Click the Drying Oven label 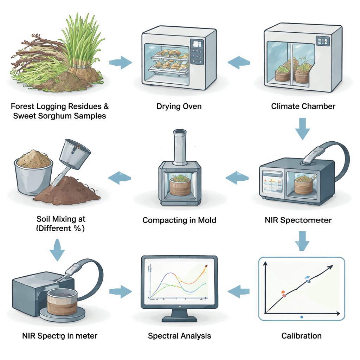[x=179, y=106]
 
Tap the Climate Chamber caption [x=303, y=106]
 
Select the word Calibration [x=301, y=336]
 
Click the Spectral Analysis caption [x=179, y=336]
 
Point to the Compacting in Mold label [x=179, y=220]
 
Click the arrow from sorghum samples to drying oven [x=121, y=63]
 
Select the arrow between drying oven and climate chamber [x=239, y=63]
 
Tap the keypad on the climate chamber [x=322, y=42]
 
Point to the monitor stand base [x=179, y=318]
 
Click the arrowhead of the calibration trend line [x=330, y=267]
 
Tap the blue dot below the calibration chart [x=302, y=317]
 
